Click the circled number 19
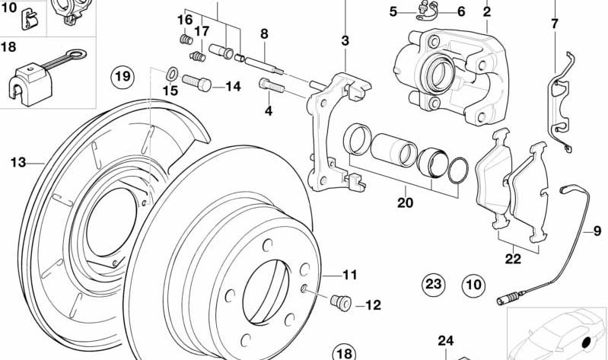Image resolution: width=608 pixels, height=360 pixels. (x=123, y=76)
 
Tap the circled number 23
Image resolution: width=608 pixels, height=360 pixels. (x=433, y=285)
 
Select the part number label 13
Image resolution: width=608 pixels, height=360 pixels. (x=18, y=161)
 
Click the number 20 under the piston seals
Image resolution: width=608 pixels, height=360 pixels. (x=405, y=203)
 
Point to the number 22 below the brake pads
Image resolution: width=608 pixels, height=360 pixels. (x=513, y=259)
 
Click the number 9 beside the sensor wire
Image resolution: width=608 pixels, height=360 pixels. (x=597, y=231)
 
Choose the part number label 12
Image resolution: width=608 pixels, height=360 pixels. (x=373, y=305)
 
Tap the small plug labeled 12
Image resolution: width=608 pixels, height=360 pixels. (x=340, y=303)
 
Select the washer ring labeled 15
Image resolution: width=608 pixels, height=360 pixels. (x=172, y=74)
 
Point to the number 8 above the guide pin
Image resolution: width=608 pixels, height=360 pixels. (x=264, y=33)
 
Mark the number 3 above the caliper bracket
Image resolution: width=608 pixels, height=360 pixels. (x=345, y=40)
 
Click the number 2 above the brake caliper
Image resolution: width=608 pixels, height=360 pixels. (x=486, y=11)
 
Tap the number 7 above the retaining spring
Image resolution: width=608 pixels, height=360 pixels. (x=554, y=24)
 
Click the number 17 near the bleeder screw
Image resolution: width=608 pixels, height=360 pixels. (x=201, y=32)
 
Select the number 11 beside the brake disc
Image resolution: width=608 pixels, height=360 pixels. (x=349, y=274)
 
